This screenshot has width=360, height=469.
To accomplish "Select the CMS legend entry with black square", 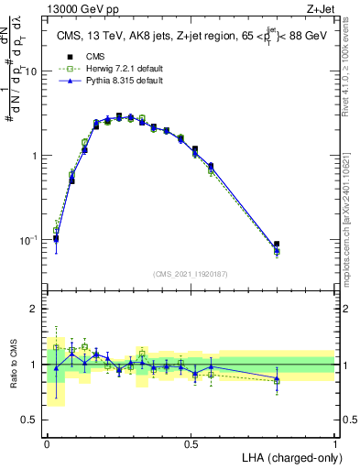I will (88, 55).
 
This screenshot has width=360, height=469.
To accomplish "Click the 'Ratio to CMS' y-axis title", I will (12, 365).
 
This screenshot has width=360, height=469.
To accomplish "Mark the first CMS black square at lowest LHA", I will (56, 239).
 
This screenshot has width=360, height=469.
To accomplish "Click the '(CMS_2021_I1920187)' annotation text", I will (190, 273).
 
